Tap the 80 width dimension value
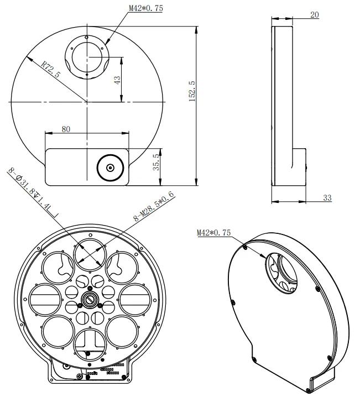66,129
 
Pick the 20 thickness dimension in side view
315,15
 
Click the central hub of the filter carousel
89,299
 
